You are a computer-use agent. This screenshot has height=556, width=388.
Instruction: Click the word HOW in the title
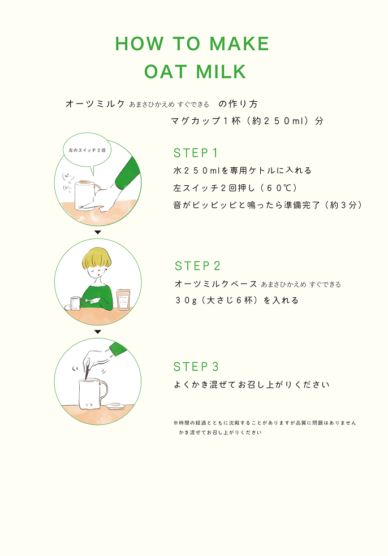[x=136, y=44]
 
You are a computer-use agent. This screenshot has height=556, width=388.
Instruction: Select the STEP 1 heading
[x=196, y=153]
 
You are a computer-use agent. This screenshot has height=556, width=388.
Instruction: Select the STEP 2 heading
[x=197, y=266]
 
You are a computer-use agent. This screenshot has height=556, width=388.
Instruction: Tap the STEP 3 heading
[x=196, y=367]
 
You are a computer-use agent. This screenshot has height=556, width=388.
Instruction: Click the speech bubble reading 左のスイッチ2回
[x=87, y=150]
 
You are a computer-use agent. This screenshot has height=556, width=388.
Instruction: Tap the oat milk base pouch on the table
[x=123, y=299]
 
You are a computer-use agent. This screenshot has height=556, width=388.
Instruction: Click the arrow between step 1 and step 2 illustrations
[x=97, y=232]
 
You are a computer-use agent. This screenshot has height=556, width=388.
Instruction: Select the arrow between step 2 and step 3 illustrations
[x=97, y=332]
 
